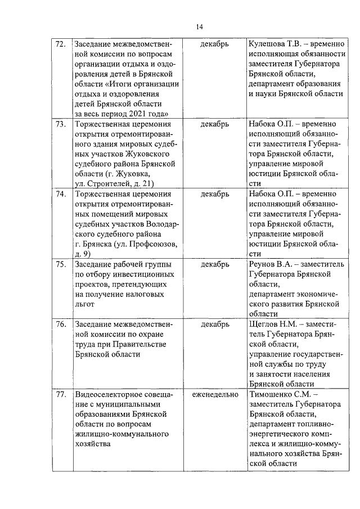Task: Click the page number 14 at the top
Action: (x=200, y=26)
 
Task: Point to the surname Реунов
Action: (x=263, y=264)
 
